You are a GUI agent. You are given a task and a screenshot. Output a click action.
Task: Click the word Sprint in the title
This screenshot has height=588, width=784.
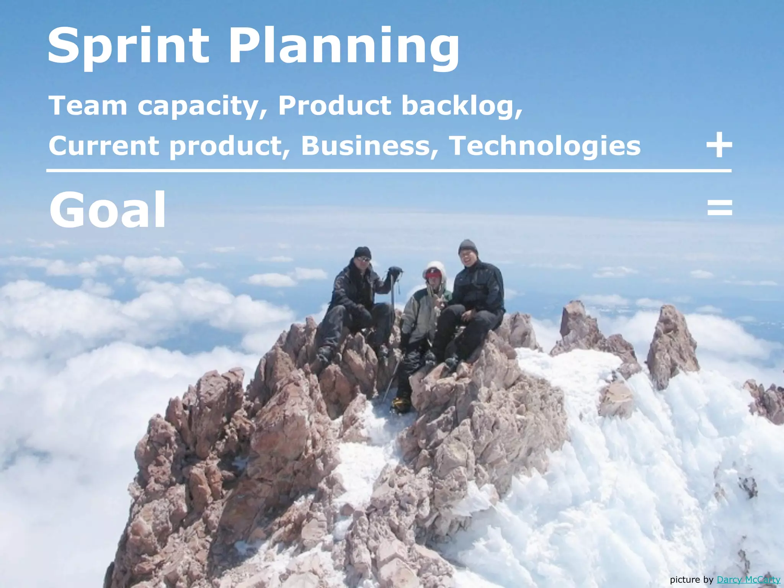pos(128,46)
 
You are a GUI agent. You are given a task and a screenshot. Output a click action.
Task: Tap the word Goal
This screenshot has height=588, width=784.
pos(108,209)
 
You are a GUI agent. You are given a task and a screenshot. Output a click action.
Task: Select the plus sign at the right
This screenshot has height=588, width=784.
pos(719,145)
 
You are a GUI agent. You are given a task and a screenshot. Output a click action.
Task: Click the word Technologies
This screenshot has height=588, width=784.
pos(544,146)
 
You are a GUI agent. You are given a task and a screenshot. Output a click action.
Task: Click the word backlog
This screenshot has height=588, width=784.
pos(461,106)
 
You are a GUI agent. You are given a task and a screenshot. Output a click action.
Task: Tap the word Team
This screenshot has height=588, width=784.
pos(88,105)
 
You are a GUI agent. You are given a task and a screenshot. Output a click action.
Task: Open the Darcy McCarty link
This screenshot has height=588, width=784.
pos(748,579)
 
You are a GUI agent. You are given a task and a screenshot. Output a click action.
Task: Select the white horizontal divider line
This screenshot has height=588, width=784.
pos(389,170)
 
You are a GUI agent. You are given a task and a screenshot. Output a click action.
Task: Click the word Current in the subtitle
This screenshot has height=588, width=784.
pos(103,146)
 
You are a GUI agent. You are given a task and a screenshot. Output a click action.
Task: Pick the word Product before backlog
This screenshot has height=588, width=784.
pos(335,105)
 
